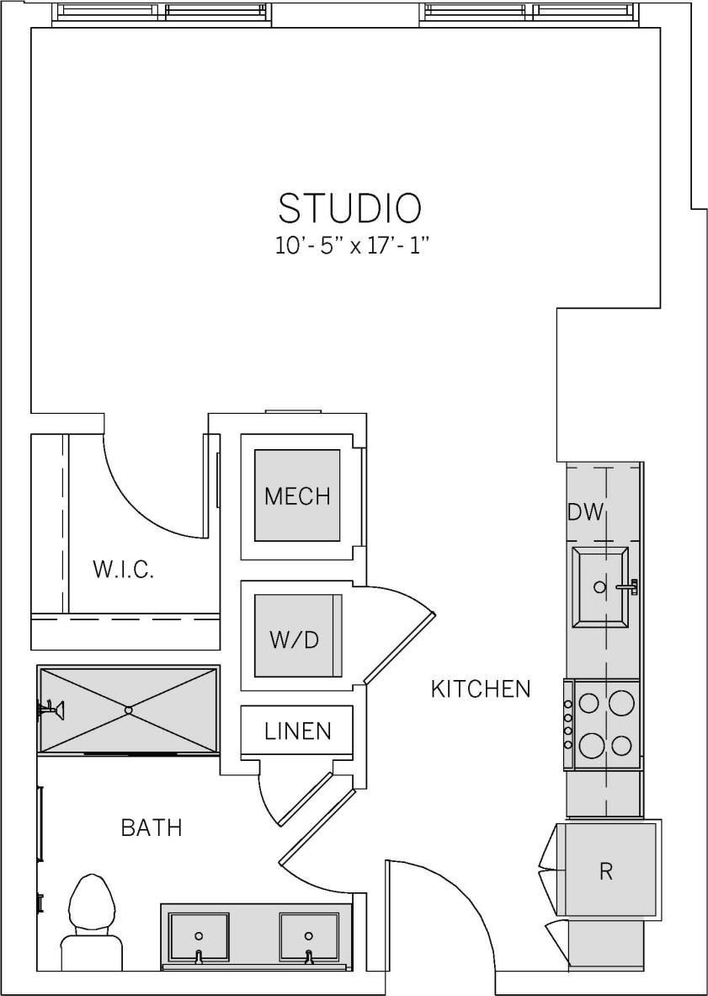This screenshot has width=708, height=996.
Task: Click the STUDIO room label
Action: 349,208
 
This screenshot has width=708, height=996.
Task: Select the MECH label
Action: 297,495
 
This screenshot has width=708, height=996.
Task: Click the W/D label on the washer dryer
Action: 294,640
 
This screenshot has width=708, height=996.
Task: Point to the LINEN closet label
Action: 297,731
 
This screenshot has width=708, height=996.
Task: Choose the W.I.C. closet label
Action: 123,570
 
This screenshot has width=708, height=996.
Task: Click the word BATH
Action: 152,827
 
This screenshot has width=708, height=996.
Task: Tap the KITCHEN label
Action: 481,689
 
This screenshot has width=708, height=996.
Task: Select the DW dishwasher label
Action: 586,511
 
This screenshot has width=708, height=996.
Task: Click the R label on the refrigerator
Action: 605,871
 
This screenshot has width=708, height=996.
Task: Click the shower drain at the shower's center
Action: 129,710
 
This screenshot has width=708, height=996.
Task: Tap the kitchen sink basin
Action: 599,586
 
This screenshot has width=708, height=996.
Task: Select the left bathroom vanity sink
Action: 199,936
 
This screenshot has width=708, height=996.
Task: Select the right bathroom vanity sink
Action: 308,936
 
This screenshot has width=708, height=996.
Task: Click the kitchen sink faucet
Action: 627,586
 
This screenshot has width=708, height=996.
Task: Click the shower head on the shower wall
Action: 51,710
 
